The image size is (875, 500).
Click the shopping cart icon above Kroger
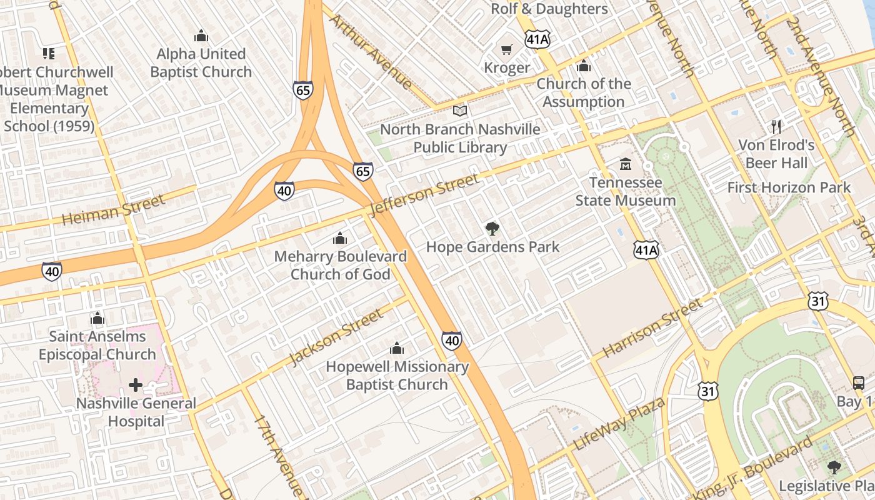[x=506, y=49]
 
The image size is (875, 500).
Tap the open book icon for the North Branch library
[x=460, y=111]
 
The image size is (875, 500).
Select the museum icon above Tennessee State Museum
[x=625, y=164]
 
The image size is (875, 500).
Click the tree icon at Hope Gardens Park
[x=492, y=228]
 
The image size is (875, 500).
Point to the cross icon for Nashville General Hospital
[x=136, y=384]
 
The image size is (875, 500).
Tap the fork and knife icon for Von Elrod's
[x=776, y=127]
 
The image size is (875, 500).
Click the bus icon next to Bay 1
[x=859, y=382]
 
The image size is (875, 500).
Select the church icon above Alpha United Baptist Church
[x=201, y=36]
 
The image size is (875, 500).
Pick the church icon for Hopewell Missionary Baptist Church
[x=397, y=348]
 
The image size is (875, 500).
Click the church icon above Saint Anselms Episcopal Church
[x=97, y=318]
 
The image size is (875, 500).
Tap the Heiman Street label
[x=113, y=209]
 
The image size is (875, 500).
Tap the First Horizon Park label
[x=789, y=187]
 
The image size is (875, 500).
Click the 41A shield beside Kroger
[x=537, y=39]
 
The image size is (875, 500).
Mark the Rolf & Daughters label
[x=549, y=9]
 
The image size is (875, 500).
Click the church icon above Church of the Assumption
[x=583, y=66]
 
